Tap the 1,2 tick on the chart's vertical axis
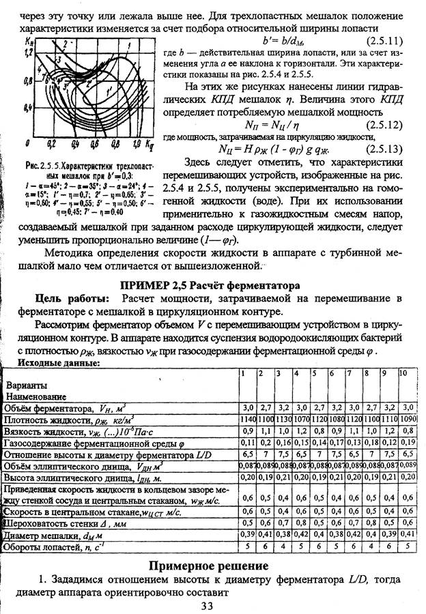pyautogui.click(x=29, y=53)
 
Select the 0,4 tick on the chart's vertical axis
pyautogui.click(x=29, y=107)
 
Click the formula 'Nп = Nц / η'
pyautogui.click(x=267, y=126)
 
